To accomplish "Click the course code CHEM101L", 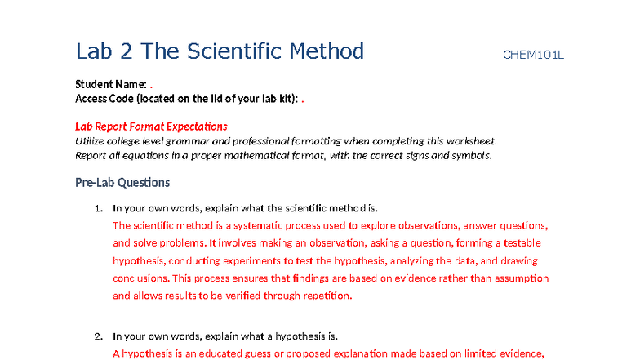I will pyautogui.click(x=533, y=56).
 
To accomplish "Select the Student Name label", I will pyautogui.click(x=111, y=84).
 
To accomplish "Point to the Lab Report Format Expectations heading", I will pyautogui.click(x=151, y=127).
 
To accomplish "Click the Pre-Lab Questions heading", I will pyautogui.click(x=122, y=182).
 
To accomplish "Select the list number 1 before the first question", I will pyautogui.click(x=98, y=208).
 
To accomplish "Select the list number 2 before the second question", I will pyautogui.click(x=98, y=336).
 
